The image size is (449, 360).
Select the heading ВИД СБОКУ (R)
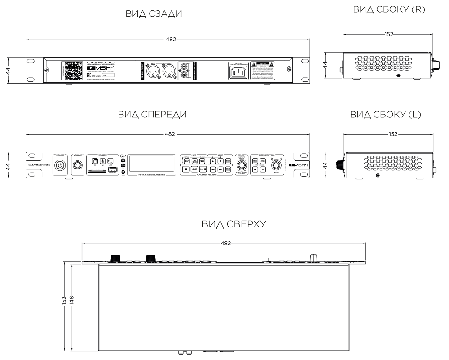(x=389, y=9)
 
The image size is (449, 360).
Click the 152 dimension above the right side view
(x=389, y=34)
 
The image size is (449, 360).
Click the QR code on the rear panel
(x=72, y=70)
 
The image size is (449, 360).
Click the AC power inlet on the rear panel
(x=238, y=71)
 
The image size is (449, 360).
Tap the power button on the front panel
(x=60, y=166)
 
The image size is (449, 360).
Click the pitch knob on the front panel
(x=275, y=169)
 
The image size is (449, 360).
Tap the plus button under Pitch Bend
(x=263, y=170)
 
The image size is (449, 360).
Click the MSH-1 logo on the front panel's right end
(x=298, y=166)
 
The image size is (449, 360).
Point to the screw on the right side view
(x=398, y=76)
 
